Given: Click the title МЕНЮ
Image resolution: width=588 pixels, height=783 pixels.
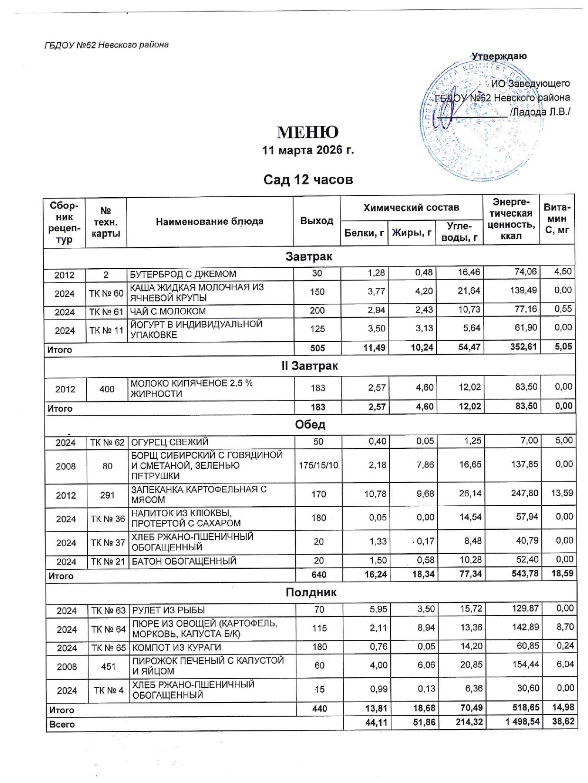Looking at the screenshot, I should click(308, 132).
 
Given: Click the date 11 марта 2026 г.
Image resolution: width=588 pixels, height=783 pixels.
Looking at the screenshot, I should click(308, 150).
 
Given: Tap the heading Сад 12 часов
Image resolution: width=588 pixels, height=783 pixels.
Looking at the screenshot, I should click(308, 180).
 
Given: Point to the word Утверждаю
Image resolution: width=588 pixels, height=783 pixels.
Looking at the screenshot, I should click(499, 56).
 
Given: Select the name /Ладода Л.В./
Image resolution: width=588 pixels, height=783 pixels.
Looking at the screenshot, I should click(540, 112).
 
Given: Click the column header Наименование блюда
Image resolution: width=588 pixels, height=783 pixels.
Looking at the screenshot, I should click(210, 221).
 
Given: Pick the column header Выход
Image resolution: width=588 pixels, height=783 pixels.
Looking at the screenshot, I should click(316, 221).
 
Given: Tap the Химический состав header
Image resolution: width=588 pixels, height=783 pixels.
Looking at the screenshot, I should click(411, 208).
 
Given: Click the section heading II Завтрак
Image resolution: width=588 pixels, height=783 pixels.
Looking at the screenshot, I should click(310, 366).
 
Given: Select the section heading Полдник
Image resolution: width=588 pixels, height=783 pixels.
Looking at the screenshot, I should click(311, 592).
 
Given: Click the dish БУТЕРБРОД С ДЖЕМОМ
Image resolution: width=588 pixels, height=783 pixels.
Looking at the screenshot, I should click(183, 274).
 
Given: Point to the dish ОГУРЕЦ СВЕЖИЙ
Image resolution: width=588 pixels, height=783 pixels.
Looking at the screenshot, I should click(170, 442).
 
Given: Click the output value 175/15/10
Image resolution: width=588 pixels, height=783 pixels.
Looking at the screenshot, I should click(319, 465).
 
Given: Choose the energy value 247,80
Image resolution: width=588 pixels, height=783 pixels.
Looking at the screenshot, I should click(525, 493).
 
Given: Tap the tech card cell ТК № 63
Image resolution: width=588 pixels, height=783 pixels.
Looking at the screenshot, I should click(108, 610).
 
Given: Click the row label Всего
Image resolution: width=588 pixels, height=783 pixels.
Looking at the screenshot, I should click(62, 724).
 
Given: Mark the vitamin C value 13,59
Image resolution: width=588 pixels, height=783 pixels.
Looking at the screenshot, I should click(562, 493).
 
